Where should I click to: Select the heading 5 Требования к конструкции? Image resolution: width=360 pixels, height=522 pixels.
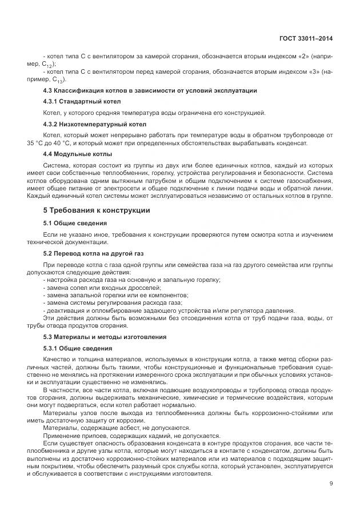pos(97,210)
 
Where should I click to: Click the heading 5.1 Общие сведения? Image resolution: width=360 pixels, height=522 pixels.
pos(74,222)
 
